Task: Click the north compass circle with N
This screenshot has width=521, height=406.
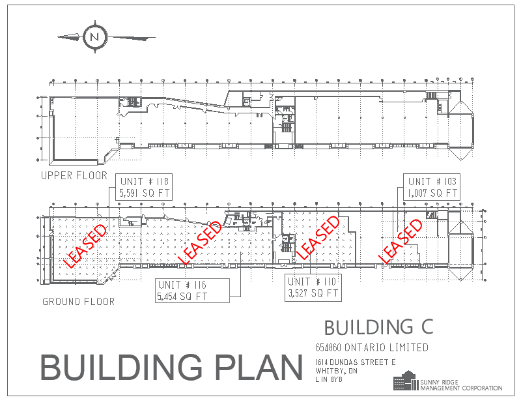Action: pyautogui.click(x=96, y=36)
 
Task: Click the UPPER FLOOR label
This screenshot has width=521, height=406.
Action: pyautogui.click(x=74, y=176)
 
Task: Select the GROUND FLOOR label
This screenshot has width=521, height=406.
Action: pyautogui.click(x=78, y=302)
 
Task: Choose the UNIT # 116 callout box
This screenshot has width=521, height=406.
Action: pyautogui.click(x=193, y=290)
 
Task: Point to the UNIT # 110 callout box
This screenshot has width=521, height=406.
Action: pyautogui.click(x=314, y=287)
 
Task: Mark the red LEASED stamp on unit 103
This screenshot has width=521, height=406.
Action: pyautogui.click(x=401, y=241)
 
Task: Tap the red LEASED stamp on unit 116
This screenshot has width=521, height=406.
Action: pyautogui.click(x=199, y=242)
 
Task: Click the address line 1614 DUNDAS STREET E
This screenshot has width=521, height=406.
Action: pyautogui.click(x=355, y=362)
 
